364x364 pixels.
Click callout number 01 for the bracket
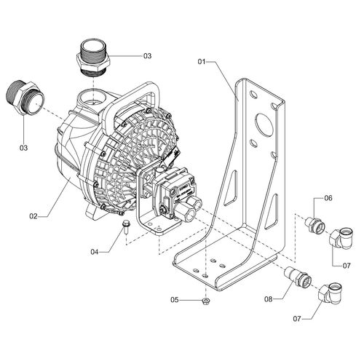tap(202, 62)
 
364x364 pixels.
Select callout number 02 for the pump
tap(33, 216)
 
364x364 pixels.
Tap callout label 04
tap(95, 252)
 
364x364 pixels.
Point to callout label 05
tap(175, 300)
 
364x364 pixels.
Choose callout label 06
tap(328, 198)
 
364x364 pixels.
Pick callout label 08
tap(269, 299)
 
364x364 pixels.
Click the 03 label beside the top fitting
tap(147, 56)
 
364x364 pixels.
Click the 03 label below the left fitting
tap(24, 148)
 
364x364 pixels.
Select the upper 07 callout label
tap(347, 266)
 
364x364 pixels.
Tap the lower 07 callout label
tap(297, 319)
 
